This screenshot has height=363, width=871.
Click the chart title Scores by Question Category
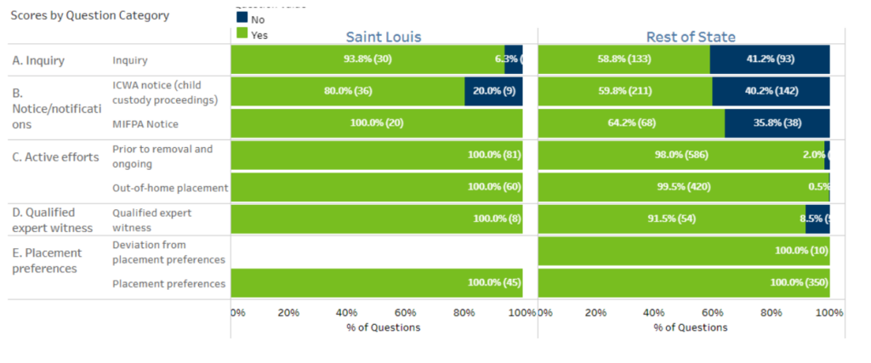click(x=89, y=15)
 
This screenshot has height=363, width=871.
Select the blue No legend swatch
click(x=242, y=18)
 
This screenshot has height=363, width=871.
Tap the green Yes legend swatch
click(x=242, y=34)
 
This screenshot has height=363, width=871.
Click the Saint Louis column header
click(x=383, y=37)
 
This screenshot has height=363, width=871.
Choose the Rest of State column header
click(x=691, y=37)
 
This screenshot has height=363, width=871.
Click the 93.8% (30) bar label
click(x=367, y=60)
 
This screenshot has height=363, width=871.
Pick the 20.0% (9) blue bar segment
click(x=493, y=91)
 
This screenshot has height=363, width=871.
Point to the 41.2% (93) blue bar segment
click(x=769, y=60)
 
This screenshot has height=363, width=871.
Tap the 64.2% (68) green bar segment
click(x=631, y=123)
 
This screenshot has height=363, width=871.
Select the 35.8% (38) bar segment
click(x=776, y=123)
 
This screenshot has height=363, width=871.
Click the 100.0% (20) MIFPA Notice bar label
click(x=377, y=123)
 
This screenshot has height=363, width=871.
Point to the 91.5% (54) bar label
click(x=672, y=218)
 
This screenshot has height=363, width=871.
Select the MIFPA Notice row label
click(x=145, y=124)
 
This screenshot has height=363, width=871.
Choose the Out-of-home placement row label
click(x=170, y=188)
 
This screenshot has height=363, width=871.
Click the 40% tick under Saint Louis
click(x=347, y=312)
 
